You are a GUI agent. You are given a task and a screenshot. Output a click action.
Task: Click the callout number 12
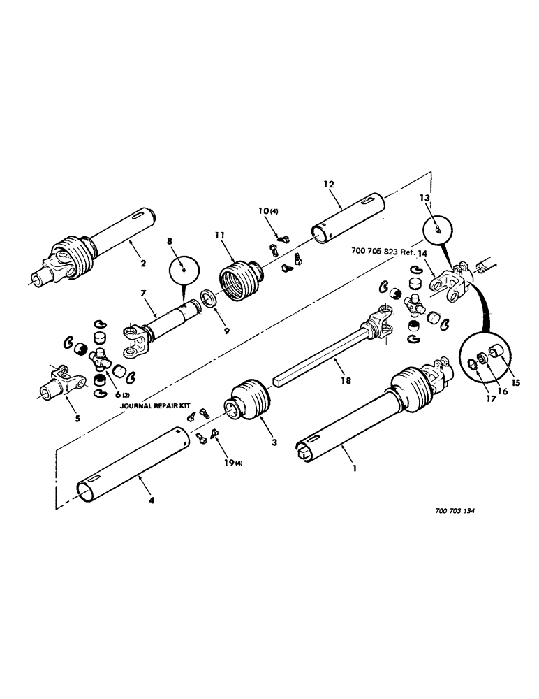pos(329,184)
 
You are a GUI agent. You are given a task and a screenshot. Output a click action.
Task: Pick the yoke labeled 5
pos(59,383)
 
